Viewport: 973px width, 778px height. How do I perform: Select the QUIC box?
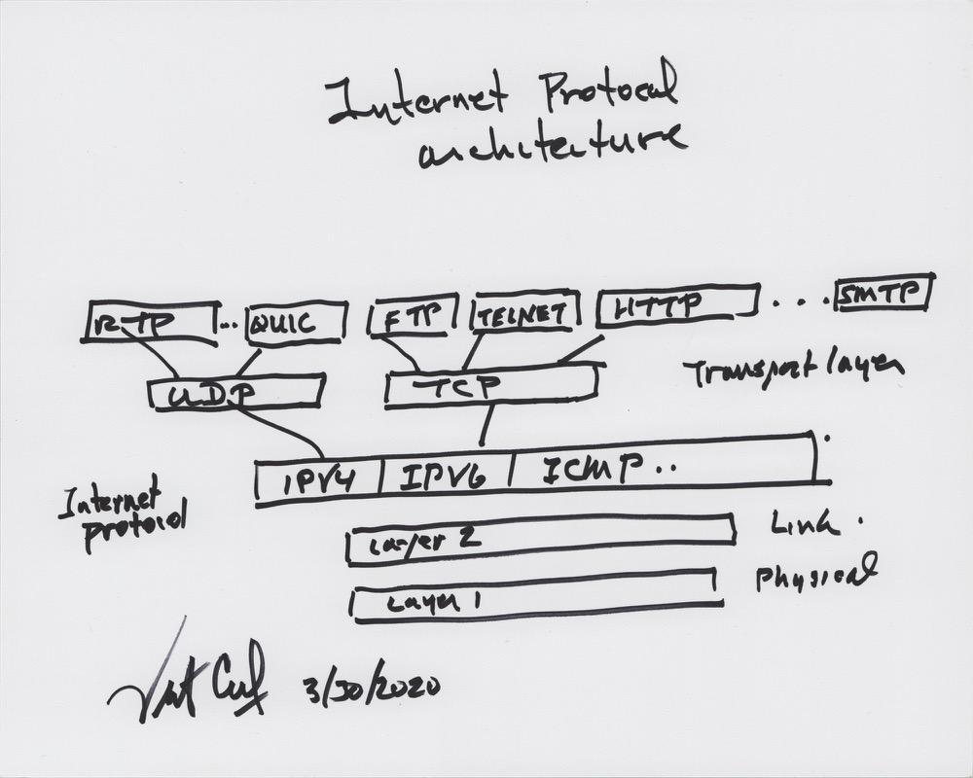tap(295, 323)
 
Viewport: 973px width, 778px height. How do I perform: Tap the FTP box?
tap(413, 315)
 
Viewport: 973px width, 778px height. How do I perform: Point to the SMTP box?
tap(883, 293)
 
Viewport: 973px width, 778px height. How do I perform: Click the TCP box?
tap(491, 386)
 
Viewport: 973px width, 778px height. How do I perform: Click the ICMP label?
tap(594, 471)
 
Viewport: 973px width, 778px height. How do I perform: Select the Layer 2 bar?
tap(541, 541)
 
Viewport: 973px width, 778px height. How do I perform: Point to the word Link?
tap(804, 524)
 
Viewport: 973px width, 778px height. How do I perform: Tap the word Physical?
tap(815, 576)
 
